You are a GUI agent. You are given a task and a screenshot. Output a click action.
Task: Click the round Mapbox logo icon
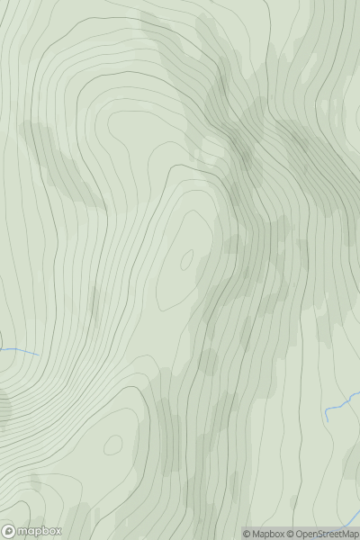pyautogui.click(x=10, y=531)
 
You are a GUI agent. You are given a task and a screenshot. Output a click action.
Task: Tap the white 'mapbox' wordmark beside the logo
pyautogui.click(x=38, y=531)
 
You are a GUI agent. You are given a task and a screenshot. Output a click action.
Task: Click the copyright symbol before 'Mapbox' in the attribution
pyautogui.click(x=247, y=534)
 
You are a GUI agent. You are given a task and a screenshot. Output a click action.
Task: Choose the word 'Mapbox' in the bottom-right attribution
pyautogui.click(x=267, y=534)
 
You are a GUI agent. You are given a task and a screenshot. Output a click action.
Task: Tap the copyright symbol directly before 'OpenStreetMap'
pyautogui.click(x=291, y=534)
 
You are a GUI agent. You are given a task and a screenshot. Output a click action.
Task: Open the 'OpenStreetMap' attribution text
pyautogui.click(x=327, y=534)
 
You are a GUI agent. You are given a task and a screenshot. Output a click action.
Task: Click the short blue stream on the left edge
pyautogui.click(x=18, y=350)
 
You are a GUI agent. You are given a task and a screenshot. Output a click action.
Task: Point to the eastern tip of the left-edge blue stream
pyautogui.click(x=38, y=354)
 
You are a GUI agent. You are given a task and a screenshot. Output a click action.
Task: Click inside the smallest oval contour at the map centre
pyautogui.click(x=187, y=261)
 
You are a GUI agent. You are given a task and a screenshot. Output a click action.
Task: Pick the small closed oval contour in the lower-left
pyautogui.click(x=113, y=445)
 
